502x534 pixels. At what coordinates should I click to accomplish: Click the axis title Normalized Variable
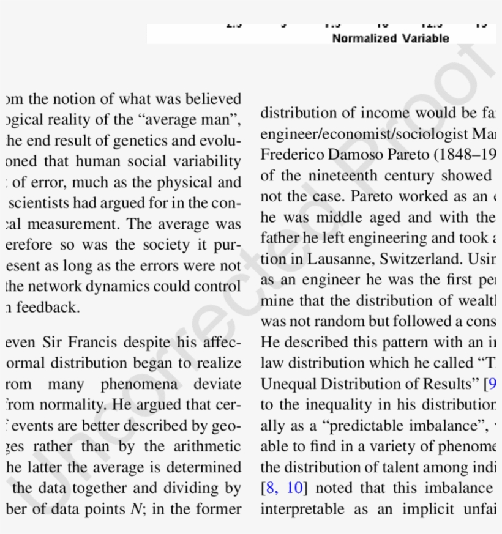click(391, 39)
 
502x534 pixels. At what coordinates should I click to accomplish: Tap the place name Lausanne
click(328, 259)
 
